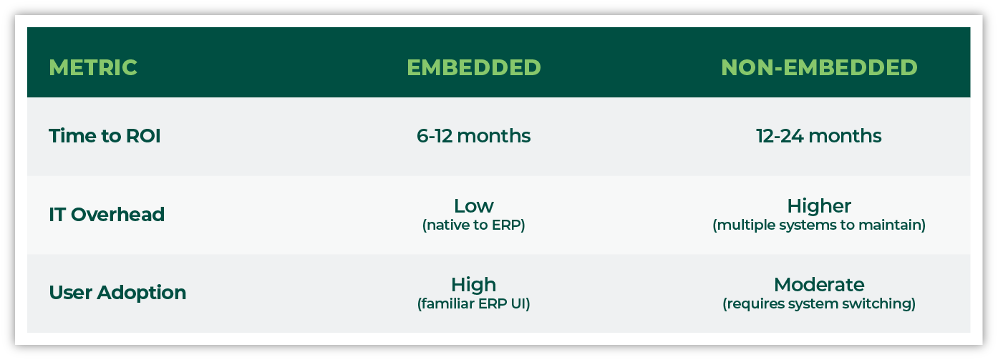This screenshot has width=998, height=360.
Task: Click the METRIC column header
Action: (92, 68)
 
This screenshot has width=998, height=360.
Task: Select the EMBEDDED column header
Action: (474, 68)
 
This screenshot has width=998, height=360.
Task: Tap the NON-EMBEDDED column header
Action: (819, 68)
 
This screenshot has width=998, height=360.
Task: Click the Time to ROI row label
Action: (105, 136)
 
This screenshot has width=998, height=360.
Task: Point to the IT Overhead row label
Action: (107, 214)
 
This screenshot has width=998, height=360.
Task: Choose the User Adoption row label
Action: (117, 293)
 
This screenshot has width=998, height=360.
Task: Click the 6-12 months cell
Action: (474, 136)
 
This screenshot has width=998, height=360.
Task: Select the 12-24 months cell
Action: (819, 136)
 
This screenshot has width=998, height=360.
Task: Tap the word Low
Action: (474, 206)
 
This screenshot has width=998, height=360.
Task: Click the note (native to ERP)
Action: (474, 225)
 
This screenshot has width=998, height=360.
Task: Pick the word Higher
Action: (819, 206)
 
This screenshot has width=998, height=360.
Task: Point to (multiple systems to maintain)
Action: (819, 225)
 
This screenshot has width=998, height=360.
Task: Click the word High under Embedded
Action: (474, 285)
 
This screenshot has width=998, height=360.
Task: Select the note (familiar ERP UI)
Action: (474, 304)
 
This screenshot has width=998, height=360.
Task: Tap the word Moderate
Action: (819, 285)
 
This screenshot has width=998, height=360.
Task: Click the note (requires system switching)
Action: (819, 304)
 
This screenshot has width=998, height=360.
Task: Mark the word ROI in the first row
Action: (143, 136)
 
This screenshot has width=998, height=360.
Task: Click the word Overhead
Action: (117, 214)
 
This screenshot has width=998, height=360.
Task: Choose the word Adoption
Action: (142, 293)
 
